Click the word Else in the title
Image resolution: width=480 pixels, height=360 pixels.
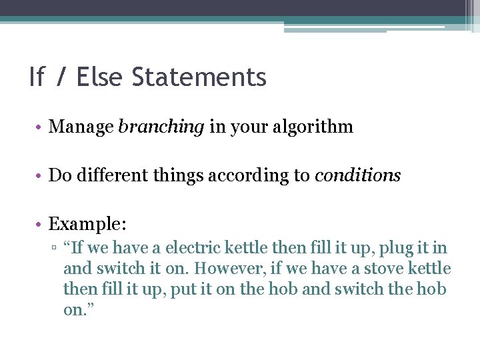100,77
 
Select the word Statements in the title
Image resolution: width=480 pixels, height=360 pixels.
199,77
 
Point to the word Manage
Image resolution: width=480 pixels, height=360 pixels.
81,127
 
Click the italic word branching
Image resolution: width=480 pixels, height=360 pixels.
161,127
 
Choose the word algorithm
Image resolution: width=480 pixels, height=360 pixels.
311,127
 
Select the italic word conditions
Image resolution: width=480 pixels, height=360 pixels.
357,175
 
